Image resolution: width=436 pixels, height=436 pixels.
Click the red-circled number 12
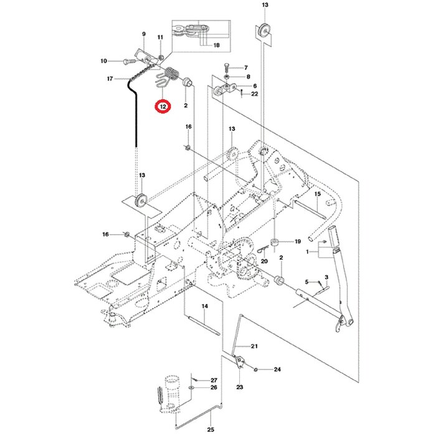[163, 107]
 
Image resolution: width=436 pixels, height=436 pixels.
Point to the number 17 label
[110, 78]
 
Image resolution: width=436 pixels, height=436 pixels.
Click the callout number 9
[143, 34]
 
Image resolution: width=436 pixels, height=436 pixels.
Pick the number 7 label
[245, 67]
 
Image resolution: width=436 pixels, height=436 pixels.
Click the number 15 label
[316, 195]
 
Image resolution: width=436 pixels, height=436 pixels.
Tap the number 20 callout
[264, 262]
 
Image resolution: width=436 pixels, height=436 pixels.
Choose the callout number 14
[204, 306]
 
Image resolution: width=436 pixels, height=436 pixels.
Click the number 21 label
[254, 346]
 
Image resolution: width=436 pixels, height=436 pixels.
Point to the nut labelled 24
[257, 370]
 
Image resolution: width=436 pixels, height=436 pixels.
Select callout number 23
[239, 387]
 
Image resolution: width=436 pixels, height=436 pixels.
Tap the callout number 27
[213, 380]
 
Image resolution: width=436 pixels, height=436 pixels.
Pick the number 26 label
[213, 388]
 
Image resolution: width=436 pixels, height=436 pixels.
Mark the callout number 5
[306, 282]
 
